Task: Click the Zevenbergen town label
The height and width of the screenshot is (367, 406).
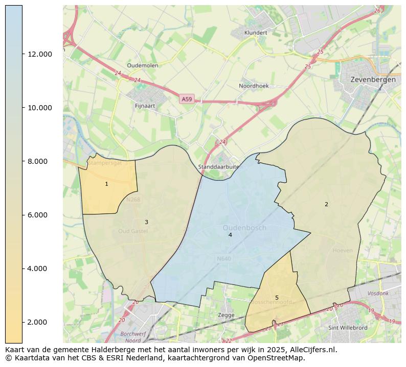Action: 373,80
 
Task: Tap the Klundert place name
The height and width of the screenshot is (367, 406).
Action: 256,33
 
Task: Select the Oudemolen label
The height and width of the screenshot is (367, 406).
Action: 142,66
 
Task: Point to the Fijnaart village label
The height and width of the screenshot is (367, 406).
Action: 145,106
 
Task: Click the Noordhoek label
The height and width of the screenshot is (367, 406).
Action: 254,86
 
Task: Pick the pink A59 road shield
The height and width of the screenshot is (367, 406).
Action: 187,99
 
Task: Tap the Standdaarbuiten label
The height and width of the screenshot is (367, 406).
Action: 219,167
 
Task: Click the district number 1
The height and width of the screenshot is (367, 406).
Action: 106,184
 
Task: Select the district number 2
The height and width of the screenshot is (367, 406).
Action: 326,204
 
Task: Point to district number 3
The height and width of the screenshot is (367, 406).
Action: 146,222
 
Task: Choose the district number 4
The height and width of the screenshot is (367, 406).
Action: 230,235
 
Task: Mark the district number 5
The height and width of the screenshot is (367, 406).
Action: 277,298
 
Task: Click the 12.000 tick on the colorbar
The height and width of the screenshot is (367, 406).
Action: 39,54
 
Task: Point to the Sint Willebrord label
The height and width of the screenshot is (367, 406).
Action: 347,328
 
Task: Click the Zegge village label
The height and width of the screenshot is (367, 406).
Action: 226,315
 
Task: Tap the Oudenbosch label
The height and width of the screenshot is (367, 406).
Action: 244,228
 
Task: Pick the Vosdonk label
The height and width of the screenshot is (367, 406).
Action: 378,293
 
